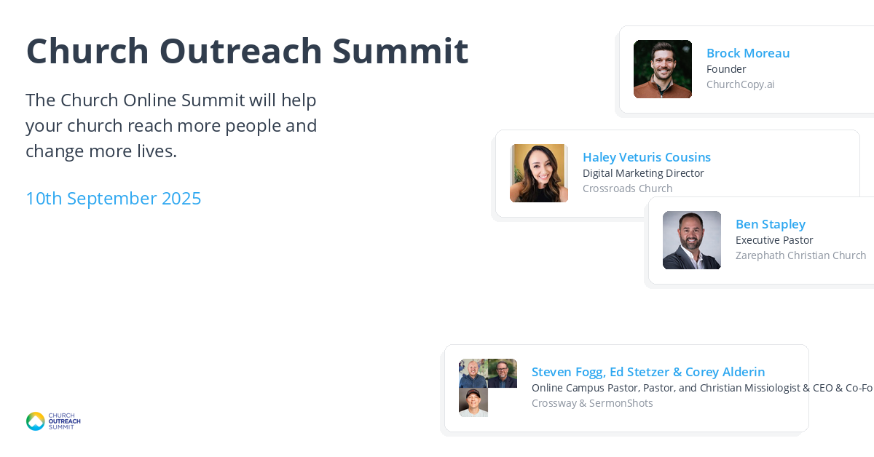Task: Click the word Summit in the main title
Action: point(400,51)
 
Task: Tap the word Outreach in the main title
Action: point(240,51)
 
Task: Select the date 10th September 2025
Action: point(113,199)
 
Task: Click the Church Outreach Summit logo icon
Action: point(36,421)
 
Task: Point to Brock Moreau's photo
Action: point(663,69)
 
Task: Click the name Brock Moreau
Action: point(748,53)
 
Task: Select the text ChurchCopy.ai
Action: point(740,84)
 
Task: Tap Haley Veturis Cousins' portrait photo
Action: point(539,173)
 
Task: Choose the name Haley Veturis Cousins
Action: point(647,157)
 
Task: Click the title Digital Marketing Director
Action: point(643,173)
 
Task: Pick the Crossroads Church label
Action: point(627,188)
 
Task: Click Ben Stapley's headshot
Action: point(692,240)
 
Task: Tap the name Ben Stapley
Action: point(771,224)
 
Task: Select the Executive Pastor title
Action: point(774,240)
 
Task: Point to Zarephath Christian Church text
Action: point(800,255)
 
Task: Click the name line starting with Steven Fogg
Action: point(648,372)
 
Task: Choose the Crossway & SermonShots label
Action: point(592,403)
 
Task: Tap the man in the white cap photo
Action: point(473,402)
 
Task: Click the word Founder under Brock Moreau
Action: point(726,69)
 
